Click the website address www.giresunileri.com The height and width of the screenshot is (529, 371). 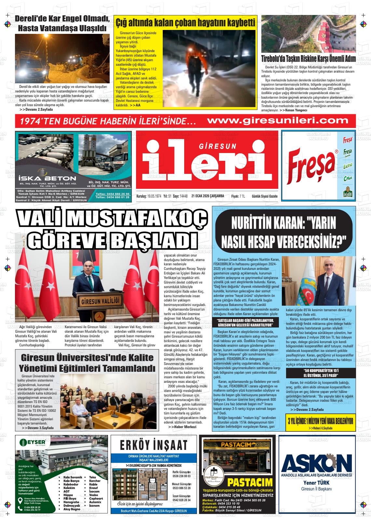278,121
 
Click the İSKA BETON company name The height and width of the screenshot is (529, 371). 47,178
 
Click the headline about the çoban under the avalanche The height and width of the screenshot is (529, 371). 185,23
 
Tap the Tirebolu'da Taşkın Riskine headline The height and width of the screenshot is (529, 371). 308,59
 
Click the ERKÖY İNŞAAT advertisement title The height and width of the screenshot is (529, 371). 154,445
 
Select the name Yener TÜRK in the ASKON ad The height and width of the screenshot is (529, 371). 317,482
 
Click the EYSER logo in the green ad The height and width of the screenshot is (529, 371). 33,443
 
